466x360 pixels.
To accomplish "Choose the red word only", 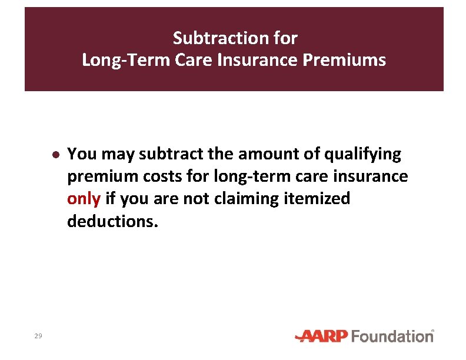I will tap(84, 199).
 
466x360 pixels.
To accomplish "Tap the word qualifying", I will tap(366, 155).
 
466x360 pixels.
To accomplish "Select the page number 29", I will tap(38, 336).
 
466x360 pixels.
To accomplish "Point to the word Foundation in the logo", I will tap(392, 336).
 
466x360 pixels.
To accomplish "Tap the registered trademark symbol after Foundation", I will tap(433, 332).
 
